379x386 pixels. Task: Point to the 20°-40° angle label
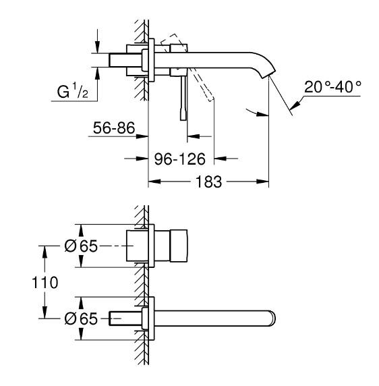pyautogui.click(x=332, y=88)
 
